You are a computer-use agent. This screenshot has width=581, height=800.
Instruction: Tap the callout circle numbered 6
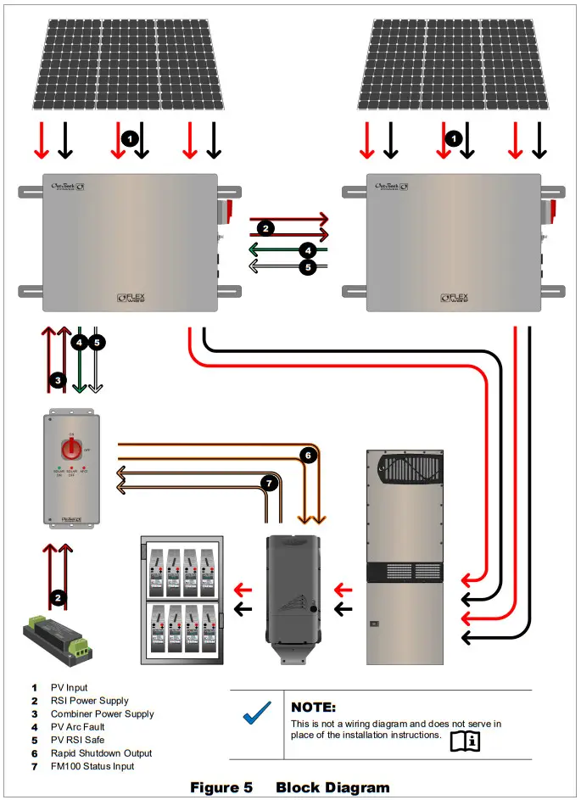(x=309, y=456)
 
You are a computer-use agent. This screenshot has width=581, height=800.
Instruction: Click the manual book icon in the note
(x=465, y=740)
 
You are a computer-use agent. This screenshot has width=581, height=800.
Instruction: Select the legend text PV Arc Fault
(x=78, y=727)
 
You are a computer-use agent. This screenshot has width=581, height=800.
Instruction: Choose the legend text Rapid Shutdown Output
(x=101, y=753)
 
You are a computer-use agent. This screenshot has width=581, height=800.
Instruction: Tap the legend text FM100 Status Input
(x=92, y=766)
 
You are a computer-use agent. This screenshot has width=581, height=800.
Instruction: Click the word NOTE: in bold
(x=314, y=708)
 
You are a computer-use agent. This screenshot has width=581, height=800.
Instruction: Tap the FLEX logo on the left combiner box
(x=137, y=299)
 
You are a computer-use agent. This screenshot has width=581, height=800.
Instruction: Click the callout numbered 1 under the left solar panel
(x=129, y=137)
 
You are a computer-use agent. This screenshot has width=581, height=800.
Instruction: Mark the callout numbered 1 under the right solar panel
(x=455, y=137)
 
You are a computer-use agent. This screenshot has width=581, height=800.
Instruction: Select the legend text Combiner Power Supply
(x=102, y=714)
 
